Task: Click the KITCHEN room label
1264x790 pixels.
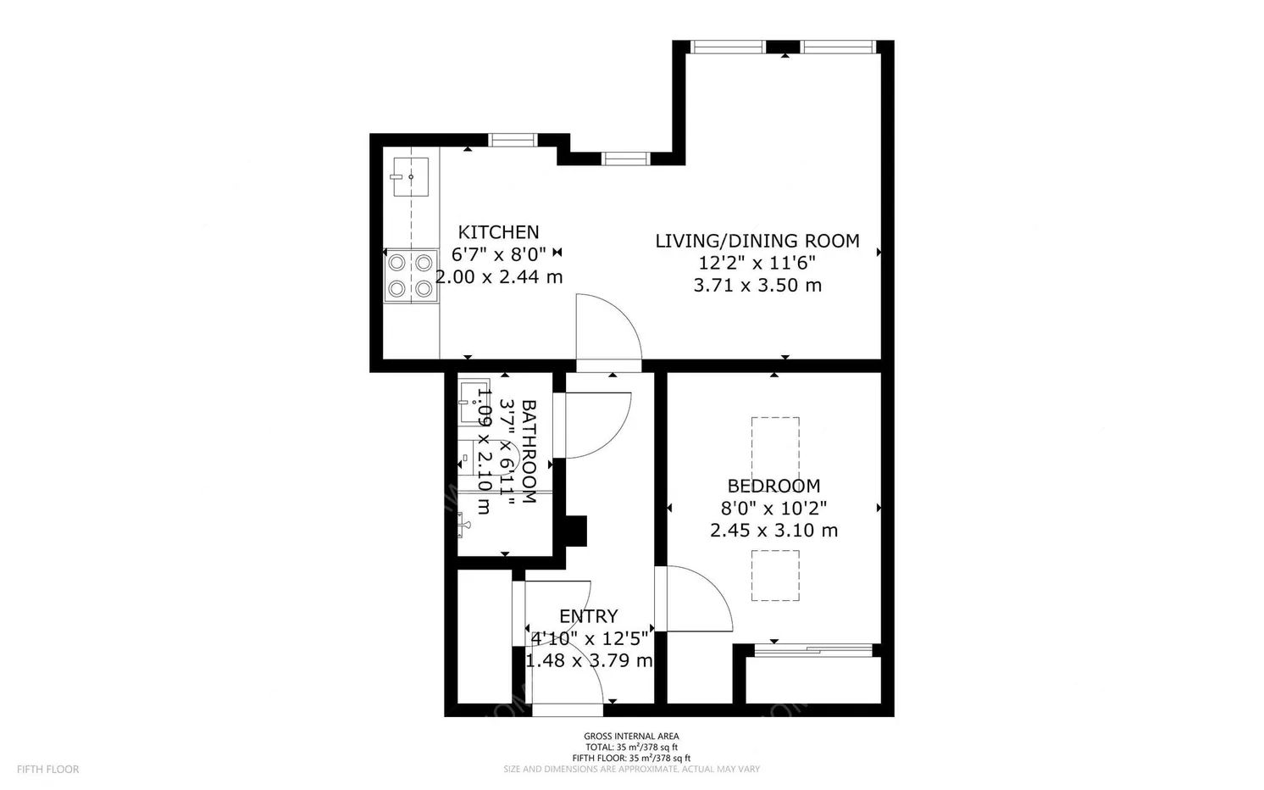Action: pyautogui.click(x=498, y=232)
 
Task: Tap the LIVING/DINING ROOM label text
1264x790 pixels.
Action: pyautogui.click(x=757, y=241)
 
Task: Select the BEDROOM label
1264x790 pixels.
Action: pyautogui.click(x=773, y=486)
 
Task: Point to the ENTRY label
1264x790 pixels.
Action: pyautogui.click(x=588, y=616)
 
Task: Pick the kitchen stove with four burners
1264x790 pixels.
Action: pyautogui.click(x=411, y=275)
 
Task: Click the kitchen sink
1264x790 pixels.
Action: pyautogui.click(x=410, y=177)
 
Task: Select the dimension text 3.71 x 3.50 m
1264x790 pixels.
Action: pyautogui.click(x=757, y=286)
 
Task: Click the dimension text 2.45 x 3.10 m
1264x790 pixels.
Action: pyautogui.click(x=773, y=531)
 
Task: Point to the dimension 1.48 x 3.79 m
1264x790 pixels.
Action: pyautogui.click(x=589, y=660)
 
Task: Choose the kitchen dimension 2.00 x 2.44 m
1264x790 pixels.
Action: pyautogui.click(x=499, y=276)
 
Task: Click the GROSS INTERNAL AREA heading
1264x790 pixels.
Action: pyautogui.click(x=631, y=737)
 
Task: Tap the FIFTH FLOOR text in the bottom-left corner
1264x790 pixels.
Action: pyautogui.click(x=47, y=770)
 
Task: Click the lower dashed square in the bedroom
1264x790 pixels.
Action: pyautogui.click(x=775, y=576)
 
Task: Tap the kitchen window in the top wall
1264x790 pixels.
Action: pyautogui.click(x=513, y=140)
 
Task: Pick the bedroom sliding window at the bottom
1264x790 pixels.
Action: pyautogui.click(x=812, y=650)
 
